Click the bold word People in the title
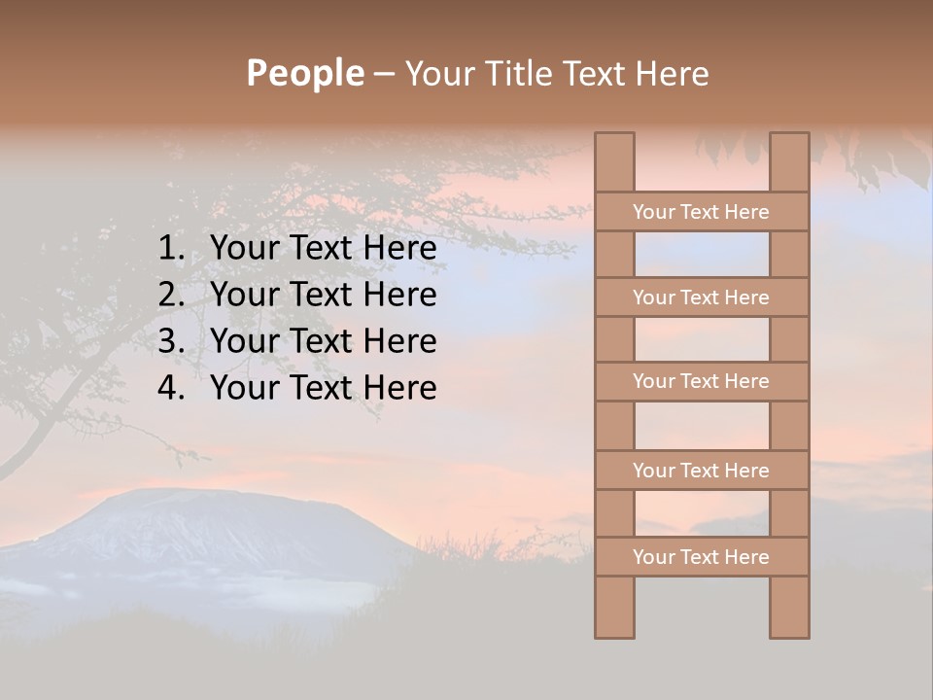304,73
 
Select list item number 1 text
323,249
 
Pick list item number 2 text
323,295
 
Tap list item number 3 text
323,341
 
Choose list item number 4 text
323,388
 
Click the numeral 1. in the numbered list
171,249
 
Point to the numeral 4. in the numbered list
171,388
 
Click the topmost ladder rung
701,212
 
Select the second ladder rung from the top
701,297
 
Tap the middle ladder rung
701,381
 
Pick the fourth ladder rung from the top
701,471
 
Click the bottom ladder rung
701,557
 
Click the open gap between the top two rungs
702,255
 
